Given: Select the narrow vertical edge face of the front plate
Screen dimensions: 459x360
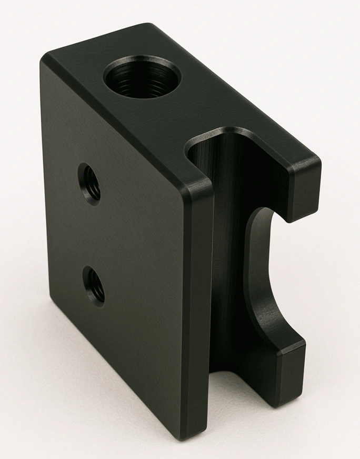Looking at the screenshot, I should coord(200,316).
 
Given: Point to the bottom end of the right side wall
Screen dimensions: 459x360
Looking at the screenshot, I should coord(274,400).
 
